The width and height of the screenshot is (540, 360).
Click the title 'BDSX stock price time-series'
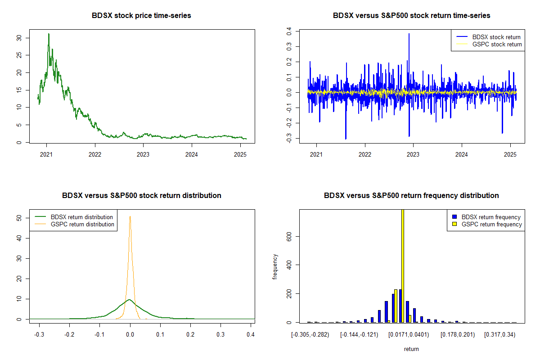141,16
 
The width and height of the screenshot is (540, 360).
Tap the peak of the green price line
49,34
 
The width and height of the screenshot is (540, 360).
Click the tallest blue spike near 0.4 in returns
409,34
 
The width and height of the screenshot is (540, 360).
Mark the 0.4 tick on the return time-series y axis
288,31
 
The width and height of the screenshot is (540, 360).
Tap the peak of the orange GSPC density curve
130,216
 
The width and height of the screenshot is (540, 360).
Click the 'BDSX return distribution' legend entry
81,217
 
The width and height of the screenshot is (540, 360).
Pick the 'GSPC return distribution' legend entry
82,224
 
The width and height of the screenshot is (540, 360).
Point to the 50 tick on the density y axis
18,218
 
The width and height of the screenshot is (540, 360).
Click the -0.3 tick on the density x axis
39,335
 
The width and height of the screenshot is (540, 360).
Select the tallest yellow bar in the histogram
402,265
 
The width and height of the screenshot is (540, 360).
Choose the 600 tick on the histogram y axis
288,236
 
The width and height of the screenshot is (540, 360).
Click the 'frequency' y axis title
275,266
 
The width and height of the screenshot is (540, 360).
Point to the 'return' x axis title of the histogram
411,349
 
